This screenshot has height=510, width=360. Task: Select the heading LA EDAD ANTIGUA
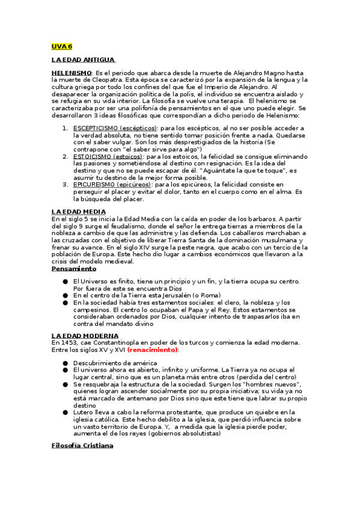pos(83,60)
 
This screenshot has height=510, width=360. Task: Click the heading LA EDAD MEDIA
pos(79,212)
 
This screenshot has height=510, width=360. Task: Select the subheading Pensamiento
pos(75,269)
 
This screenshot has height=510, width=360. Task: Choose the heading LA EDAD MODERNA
pos(85,335)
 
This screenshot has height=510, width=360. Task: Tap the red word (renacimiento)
pos(153,349)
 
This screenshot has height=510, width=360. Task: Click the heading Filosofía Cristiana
pos(82,446)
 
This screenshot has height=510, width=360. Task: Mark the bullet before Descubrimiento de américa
pos(65,363)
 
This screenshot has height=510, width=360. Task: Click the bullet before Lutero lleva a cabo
pos(65,412)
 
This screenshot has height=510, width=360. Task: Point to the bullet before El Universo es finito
pos(65,281)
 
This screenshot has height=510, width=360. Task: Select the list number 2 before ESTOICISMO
pos(65,156)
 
